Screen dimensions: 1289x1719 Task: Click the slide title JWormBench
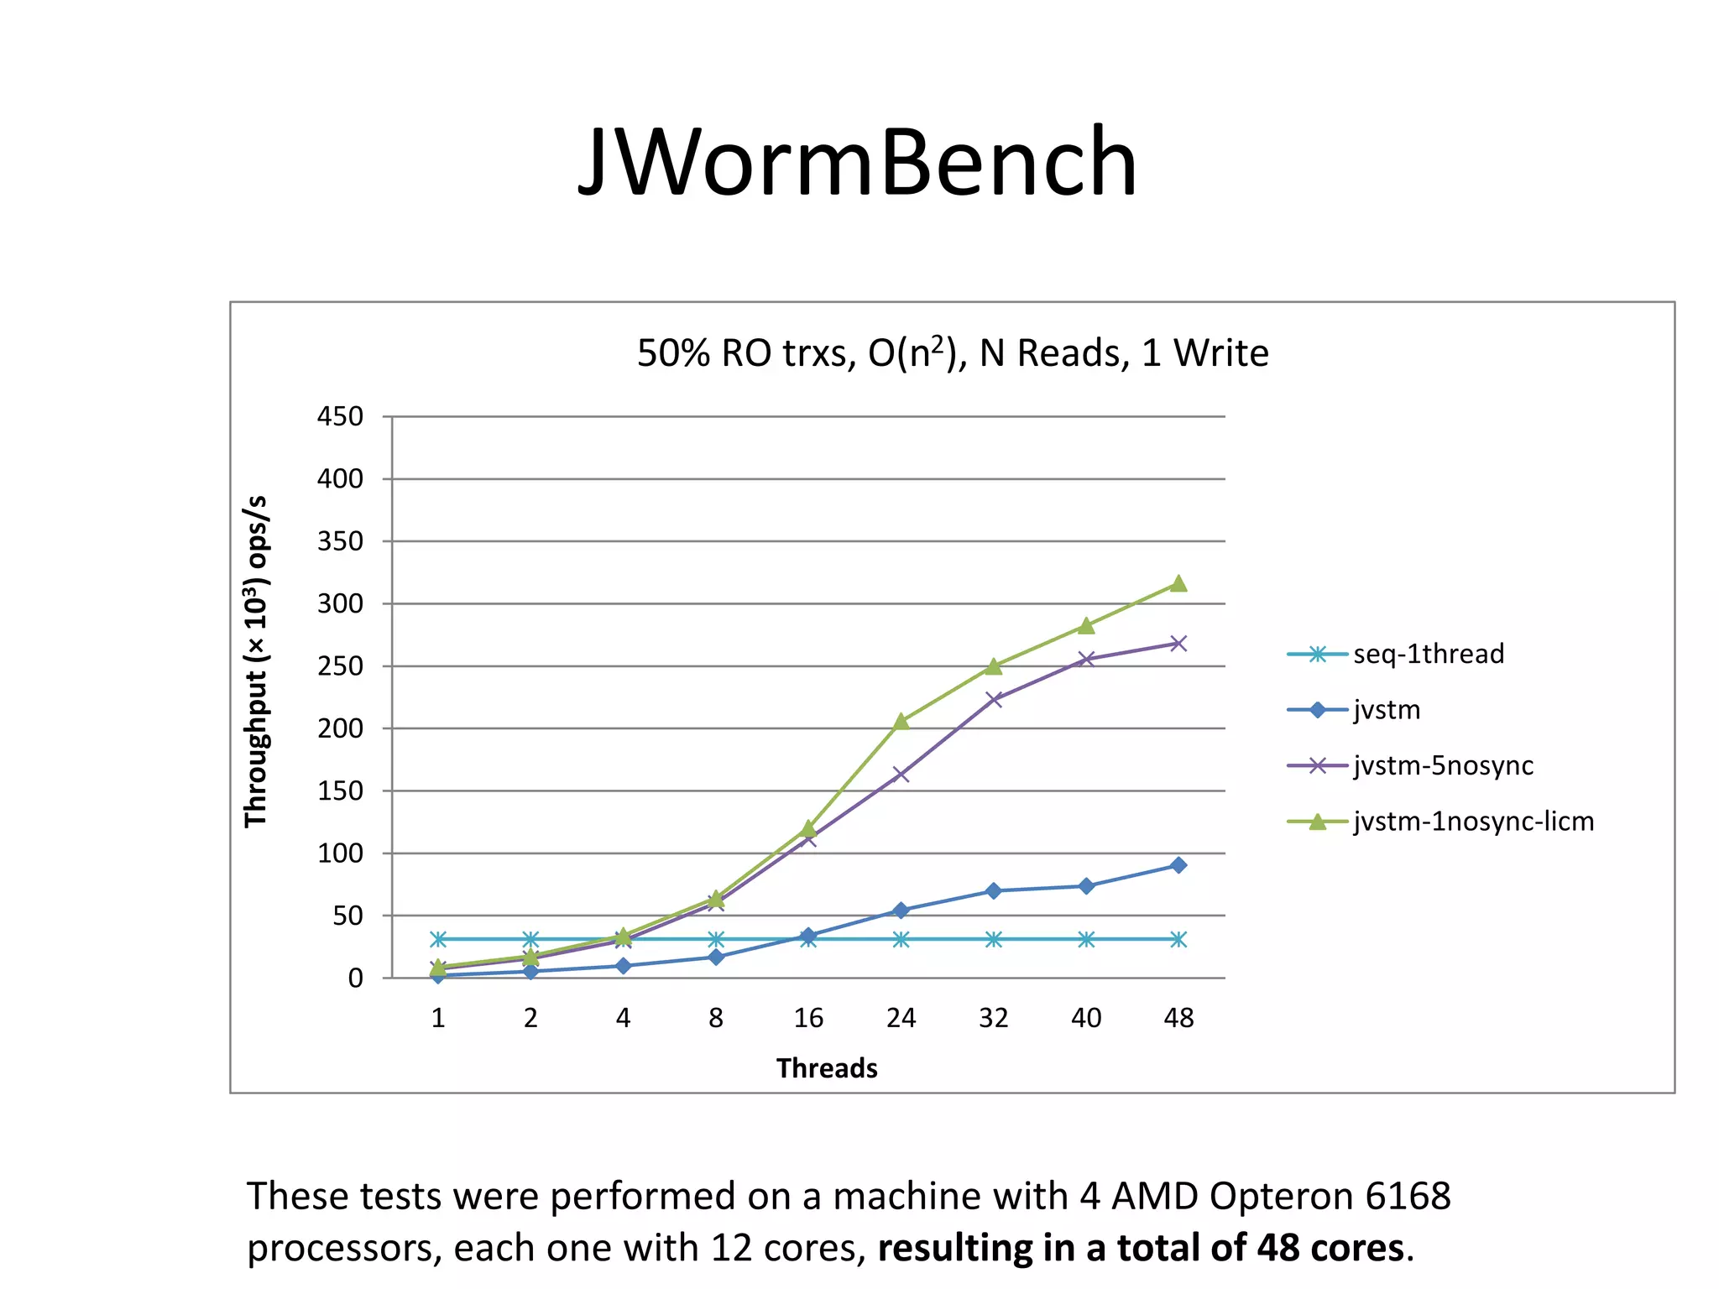point(858,161)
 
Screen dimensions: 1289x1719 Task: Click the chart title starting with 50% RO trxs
point(952,353)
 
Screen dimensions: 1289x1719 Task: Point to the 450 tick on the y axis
point(340,416)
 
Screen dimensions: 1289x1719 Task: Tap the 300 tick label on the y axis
point(340,603)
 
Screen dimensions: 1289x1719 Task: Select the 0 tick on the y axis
point(356,978)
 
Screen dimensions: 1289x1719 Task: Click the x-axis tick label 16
point(808,1018)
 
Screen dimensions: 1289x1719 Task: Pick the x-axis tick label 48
point(1178,1018)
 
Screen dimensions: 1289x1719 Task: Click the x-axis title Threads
point(827,1068)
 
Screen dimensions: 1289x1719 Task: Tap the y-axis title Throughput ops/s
point(256,661)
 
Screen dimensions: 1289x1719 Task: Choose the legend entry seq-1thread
point(1428,654)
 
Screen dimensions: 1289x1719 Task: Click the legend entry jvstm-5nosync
point(1443,765)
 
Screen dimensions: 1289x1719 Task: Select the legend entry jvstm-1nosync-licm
point(1473,821)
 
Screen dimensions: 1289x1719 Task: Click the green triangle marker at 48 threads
point(1178,583)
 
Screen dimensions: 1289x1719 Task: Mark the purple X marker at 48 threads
point(1178,644)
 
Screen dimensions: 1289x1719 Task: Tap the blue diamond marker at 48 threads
point(1178,865)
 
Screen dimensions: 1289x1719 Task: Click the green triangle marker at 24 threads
point(901,721)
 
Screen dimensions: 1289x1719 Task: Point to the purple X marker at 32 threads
point(994,699)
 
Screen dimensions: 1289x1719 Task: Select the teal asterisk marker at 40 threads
point(1086,939)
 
